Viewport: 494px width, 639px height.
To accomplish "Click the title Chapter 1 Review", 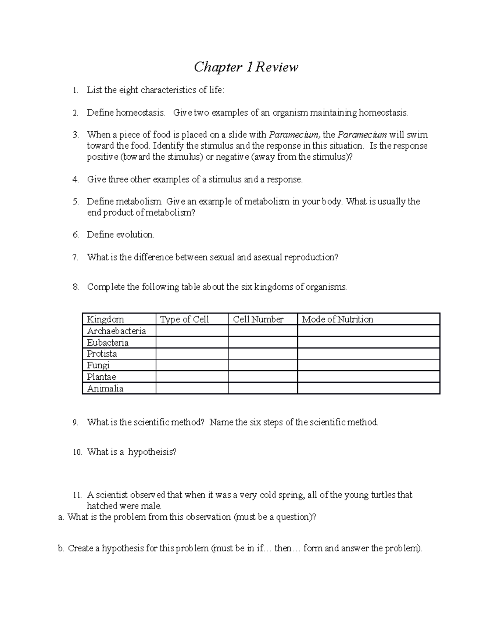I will (x=246, y=67).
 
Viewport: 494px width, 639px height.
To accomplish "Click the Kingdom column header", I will (x=105, y=319).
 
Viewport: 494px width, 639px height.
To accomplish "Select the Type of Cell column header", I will (x=184, y=319).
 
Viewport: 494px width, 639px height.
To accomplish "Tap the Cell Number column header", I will (x=258, y=319).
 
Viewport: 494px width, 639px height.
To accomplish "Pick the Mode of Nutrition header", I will (x=338, y=319).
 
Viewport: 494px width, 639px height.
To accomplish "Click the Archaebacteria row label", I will (x=117, y=331).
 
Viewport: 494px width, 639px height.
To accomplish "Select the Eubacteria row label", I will (x=108, y=342).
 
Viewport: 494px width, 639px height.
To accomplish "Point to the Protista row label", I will (x=102, y=354).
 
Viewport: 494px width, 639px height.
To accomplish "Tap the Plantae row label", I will (x=102, y=377).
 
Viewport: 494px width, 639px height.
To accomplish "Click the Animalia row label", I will (x=105, y=388).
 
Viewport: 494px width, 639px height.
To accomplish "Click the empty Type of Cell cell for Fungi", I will (x=192, y=365).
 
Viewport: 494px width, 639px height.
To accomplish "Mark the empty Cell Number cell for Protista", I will (x=263, y=354).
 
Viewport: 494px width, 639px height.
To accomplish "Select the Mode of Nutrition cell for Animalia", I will (x=368, y=388).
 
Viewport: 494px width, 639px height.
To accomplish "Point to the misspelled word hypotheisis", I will (x=152, y=452).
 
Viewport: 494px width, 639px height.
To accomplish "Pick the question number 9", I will (x=75, y=423).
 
